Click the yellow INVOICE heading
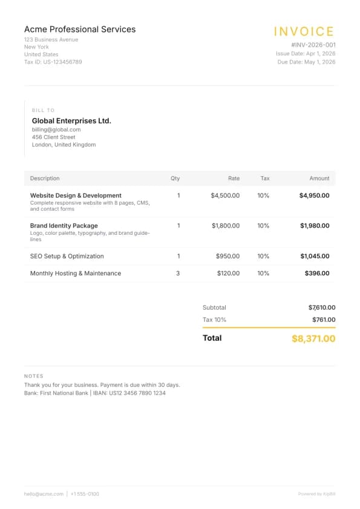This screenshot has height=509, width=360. pyautogui.click(x=304, y=31)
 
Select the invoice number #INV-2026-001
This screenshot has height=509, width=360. pyautogui.click(x=313, y=45)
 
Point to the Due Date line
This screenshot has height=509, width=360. pyautogui.click(x=306, y=62)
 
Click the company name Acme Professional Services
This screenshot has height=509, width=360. pyautogui.click(x=80, y=29)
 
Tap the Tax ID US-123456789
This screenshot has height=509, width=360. pyautogui.click(x=53, y=62)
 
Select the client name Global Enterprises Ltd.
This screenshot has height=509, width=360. pyautogui.click(x=71, y=120)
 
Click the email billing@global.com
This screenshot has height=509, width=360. pyautogui.click(x=56, y=130)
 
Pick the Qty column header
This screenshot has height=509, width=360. pyautogui.click(x=175, y=179)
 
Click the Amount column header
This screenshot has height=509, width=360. pyautogui.click(x=319, y=179)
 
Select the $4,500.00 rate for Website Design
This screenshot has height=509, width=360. pyautogui.click(x=225, y=195)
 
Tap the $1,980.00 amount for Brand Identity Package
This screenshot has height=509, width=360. pyautogui.click(x=315, y=226)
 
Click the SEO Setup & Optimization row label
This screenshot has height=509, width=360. pyautogui.click(x=67, y=256)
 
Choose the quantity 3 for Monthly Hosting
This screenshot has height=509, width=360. pyautogui.click(x=178, y=273)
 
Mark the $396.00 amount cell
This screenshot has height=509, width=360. pyautogui.click(x=317, y=273)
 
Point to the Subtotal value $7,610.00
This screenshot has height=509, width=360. pyautogui.click(x=321, y=307)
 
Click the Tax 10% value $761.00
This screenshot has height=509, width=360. pyautogui.click(x=324, y=320)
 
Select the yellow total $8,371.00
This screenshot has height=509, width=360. pyautogui.click(x=313, y=338)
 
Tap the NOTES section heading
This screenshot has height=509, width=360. pyautogui.click(x=34, y=376)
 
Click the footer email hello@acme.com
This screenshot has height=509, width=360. pyautogui.click(x=44, y=494)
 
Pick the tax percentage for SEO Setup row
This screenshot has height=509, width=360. pyautogui.click(x=263, y=256)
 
